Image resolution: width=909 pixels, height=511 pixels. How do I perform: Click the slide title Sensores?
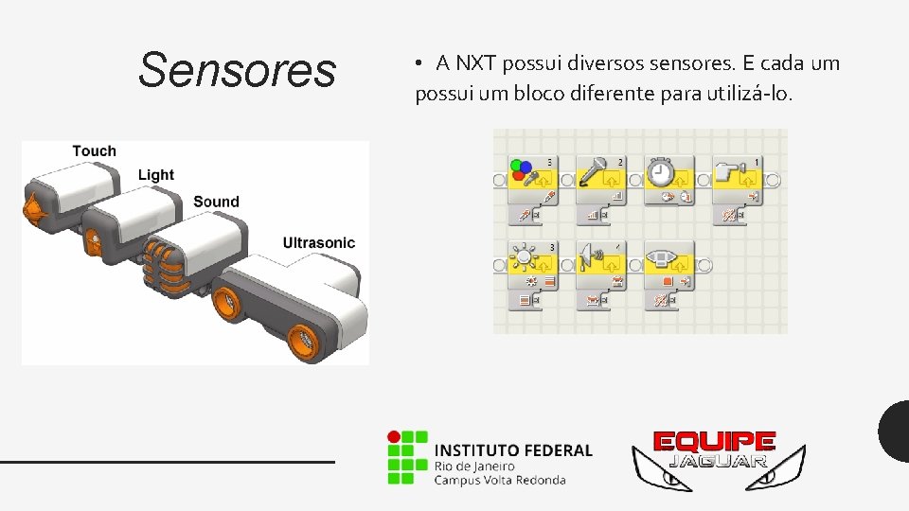coord(237,71)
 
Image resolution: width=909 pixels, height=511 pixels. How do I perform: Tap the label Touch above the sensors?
coord(94,151)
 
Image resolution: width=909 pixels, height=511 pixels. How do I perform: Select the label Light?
coord(156,175)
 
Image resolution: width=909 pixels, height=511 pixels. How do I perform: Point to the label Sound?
coord(216,202)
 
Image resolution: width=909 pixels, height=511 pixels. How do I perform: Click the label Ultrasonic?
coord(318,243)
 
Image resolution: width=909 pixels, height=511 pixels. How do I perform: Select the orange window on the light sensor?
coord(94,242)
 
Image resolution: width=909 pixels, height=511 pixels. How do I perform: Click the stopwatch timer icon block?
coord(662,171)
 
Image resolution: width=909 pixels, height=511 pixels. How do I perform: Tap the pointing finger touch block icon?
coord(728,171)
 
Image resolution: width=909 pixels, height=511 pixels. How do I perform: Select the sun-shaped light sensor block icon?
coord(523,257)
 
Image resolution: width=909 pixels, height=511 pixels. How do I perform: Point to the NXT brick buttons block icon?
coord(662,257)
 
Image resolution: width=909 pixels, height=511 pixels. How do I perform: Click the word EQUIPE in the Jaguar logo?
coord(716,442)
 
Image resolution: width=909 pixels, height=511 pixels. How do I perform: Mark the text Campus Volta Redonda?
coord(500,480)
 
